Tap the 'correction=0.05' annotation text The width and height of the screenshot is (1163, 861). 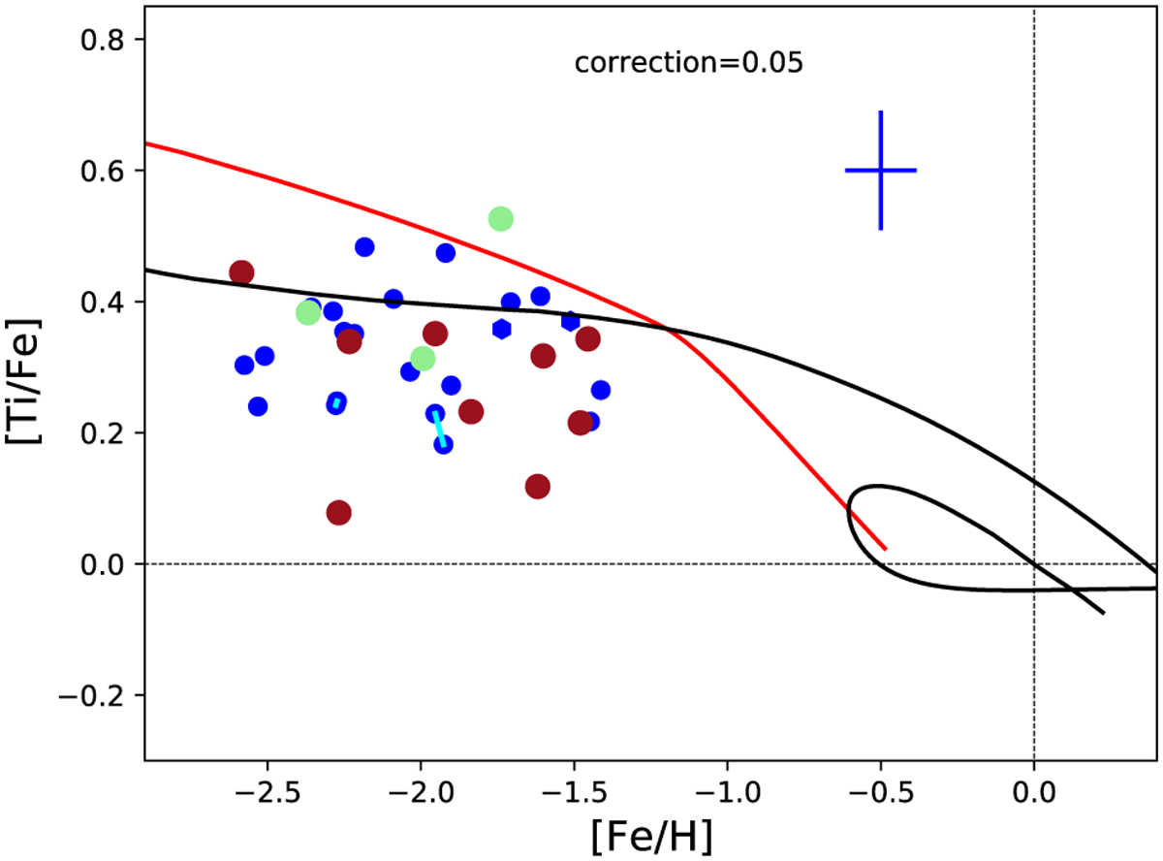coord(689,64)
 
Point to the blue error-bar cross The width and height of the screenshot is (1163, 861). coord(880,171)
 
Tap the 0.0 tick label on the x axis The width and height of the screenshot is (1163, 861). coord(1034,782)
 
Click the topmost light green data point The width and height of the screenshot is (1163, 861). coord(500,219)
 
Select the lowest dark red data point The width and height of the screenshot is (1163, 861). coord(338,512)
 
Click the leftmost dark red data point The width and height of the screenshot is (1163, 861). coord(241,272)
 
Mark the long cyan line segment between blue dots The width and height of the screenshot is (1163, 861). coord(439,430)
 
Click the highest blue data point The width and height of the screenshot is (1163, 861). coord(364,247)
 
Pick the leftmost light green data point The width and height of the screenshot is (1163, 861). coord(308,313)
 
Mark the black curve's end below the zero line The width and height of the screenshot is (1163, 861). coord(1103,613)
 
